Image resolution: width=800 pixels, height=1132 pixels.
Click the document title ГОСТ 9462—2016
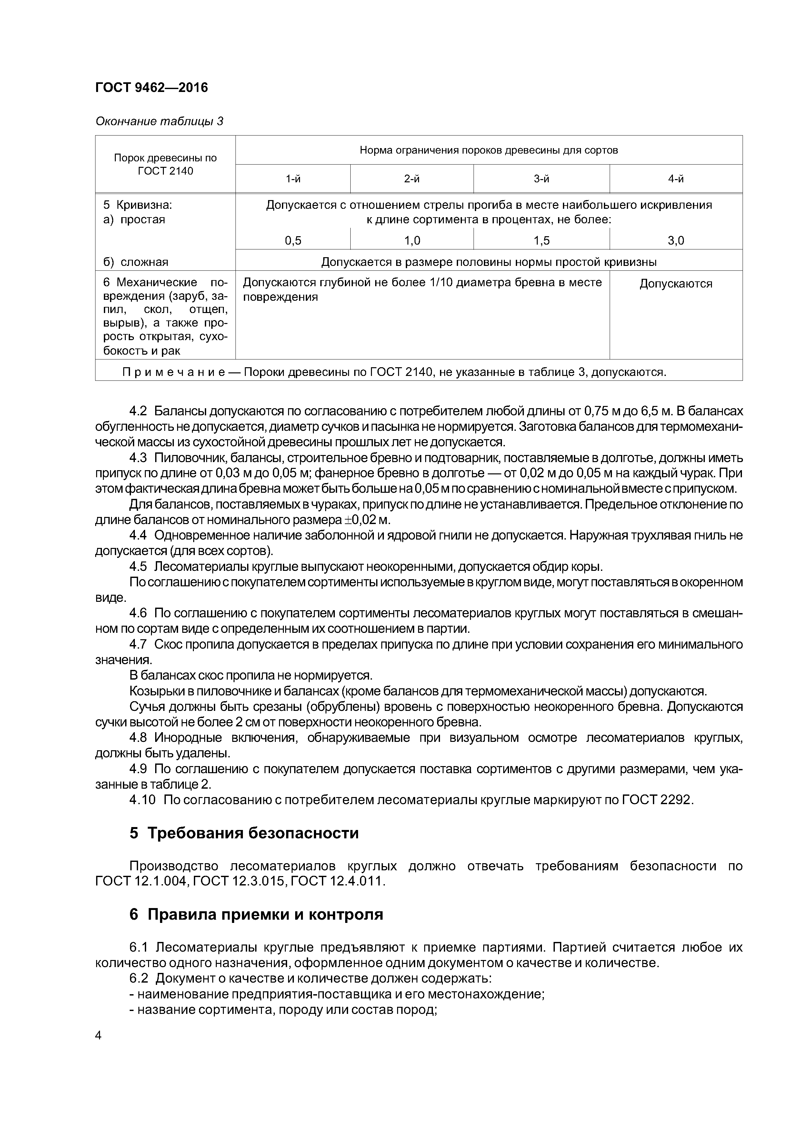(151, 88)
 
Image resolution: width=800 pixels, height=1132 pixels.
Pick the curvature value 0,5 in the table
(293, 241)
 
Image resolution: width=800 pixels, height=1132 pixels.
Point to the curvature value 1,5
(541, 241)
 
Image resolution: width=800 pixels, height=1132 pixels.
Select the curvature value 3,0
(676, 241)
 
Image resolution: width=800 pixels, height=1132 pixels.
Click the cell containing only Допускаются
(676, 284)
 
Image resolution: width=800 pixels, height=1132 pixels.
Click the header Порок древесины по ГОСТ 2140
(165, 164)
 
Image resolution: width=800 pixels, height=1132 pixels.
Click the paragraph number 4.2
(138, 411)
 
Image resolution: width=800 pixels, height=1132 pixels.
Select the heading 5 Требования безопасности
(244, 833)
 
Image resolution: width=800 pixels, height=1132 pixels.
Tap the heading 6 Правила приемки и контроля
(256, 915)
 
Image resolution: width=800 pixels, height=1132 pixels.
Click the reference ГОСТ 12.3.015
(238, 881)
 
